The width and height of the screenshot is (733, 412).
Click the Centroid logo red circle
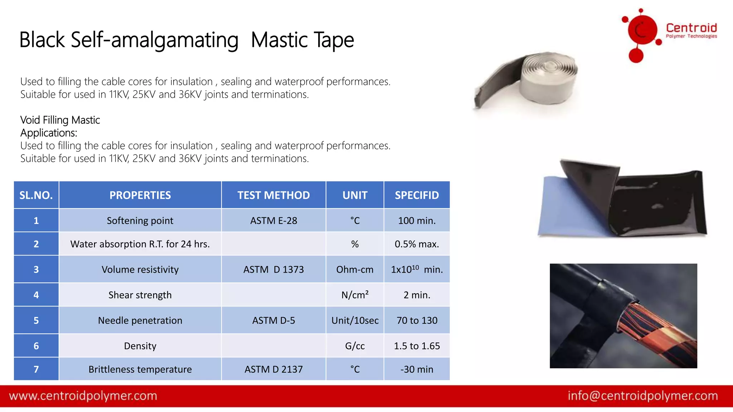642,30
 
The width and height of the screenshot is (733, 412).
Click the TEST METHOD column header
273,195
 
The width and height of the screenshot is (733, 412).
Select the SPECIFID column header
417,195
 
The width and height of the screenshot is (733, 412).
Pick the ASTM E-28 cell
273,221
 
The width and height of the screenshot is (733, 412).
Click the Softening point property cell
140,221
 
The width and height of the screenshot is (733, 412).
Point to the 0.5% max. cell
417,244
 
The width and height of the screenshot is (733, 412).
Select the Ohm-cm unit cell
355,269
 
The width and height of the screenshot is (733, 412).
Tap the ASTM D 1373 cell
273,269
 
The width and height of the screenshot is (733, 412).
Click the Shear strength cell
140,295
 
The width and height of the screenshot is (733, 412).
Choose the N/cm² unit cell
355,295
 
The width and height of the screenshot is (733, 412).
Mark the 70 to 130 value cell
417,320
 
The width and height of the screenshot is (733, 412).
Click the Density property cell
140,346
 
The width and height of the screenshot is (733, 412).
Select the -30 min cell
417,369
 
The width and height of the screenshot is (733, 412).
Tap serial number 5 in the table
36,320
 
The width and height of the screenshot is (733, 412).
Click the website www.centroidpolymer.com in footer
83,396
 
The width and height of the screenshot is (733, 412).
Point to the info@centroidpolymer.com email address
643,396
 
